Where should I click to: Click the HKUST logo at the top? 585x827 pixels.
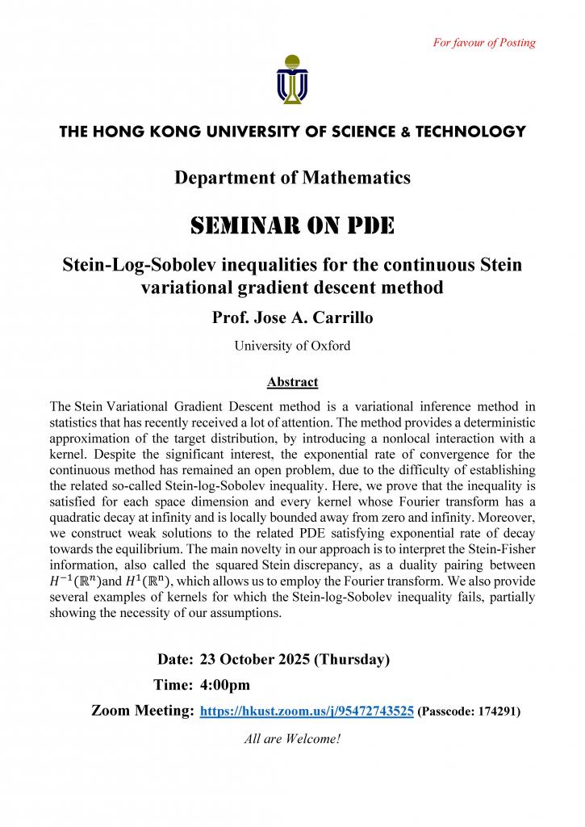point(292,80)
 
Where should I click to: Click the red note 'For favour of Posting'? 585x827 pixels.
point(484,43)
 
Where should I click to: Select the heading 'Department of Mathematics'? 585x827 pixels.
point(292,178)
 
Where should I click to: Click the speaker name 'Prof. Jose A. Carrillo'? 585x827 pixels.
point(292,317)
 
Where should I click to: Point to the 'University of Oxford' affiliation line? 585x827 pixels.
point(292,346)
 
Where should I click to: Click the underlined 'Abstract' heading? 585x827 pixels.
point(292,382)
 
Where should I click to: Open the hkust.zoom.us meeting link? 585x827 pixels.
point(307,712)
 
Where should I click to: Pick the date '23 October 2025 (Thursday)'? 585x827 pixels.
point(295,659)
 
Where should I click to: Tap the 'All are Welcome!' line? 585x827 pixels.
point(292,738)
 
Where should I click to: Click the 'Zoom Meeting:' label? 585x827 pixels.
point(142,711)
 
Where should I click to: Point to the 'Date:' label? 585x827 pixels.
point(175,659)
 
